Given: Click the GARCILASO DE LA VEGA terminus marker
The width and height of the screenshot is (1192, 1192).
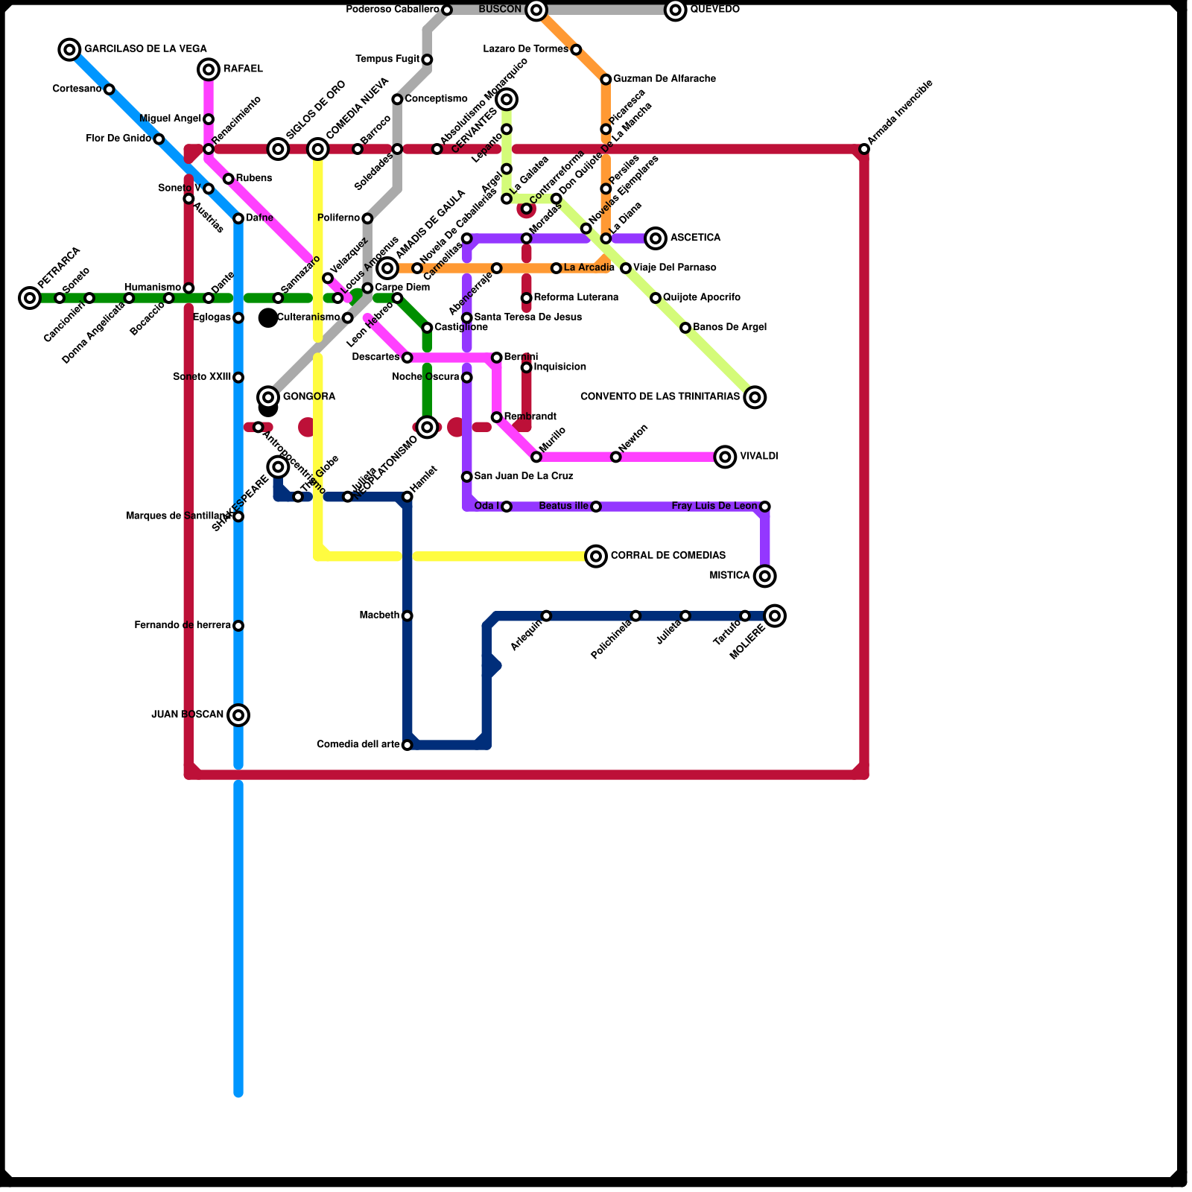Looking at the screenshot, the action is coord(69,50).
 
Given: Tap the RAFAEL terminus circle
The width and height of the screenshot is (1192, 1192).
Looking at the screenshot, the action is coord(209,69).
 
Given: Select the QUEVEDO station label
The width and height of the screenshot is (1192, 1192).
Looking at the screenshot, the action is coord(714,10).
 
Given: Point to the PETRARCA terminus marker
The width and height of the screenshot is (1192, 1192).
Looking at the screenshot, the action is coord(30,298).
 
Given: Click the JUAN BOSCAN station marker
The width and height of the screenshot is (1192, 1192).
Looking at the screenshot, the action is coord(238,715).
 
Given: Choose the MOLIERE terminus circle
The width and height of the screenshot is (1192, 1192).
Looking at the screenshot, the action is coord(775,616).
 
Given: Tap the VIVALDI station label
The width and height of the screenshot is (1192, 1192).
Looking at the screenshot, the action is coord(758,456).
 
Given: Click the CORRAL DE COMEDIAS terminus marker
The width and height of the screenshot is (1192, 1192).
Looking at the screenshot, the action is coord(595,556).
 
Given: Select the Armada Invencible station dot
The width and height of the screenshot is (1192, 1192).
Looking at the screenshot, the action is coord(863,149).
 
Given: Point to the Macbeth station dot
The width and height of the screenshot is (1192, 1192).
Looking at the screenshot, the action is coord(407,616).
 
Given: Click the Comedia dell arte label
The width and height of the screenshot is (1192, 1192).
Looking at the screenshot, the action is coord(358,744).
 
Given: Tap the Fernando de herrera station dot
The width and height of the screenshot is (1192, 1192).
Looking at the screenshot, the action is coord(238,626).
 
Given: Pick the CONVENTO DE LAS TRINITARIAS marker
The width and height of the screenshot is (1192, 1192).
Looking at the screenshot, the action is coord(755,397).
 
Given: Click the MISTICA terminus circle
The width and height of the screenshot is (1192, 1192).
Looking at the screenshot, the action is coord(764,576).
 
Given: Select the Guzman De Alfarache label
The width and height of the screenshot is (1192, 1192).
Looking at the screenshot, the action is coord(665,79).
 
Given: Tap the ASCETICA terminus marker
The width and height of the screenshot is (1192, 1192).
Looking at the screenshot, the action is coord(656,238).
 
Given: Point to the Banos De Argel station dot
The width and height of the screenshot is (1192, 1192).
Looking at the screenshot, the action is coord(685,328).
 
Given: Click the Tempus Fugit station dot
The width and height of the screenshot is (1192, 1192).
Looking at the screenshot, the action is coord(427,60).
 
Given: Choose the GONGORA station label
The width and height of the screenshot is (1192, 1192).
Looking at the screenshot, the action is coord(309,397).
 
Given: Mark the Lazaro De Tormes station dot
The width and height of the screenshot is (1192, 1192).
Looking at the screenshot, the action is coord(576,50).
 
